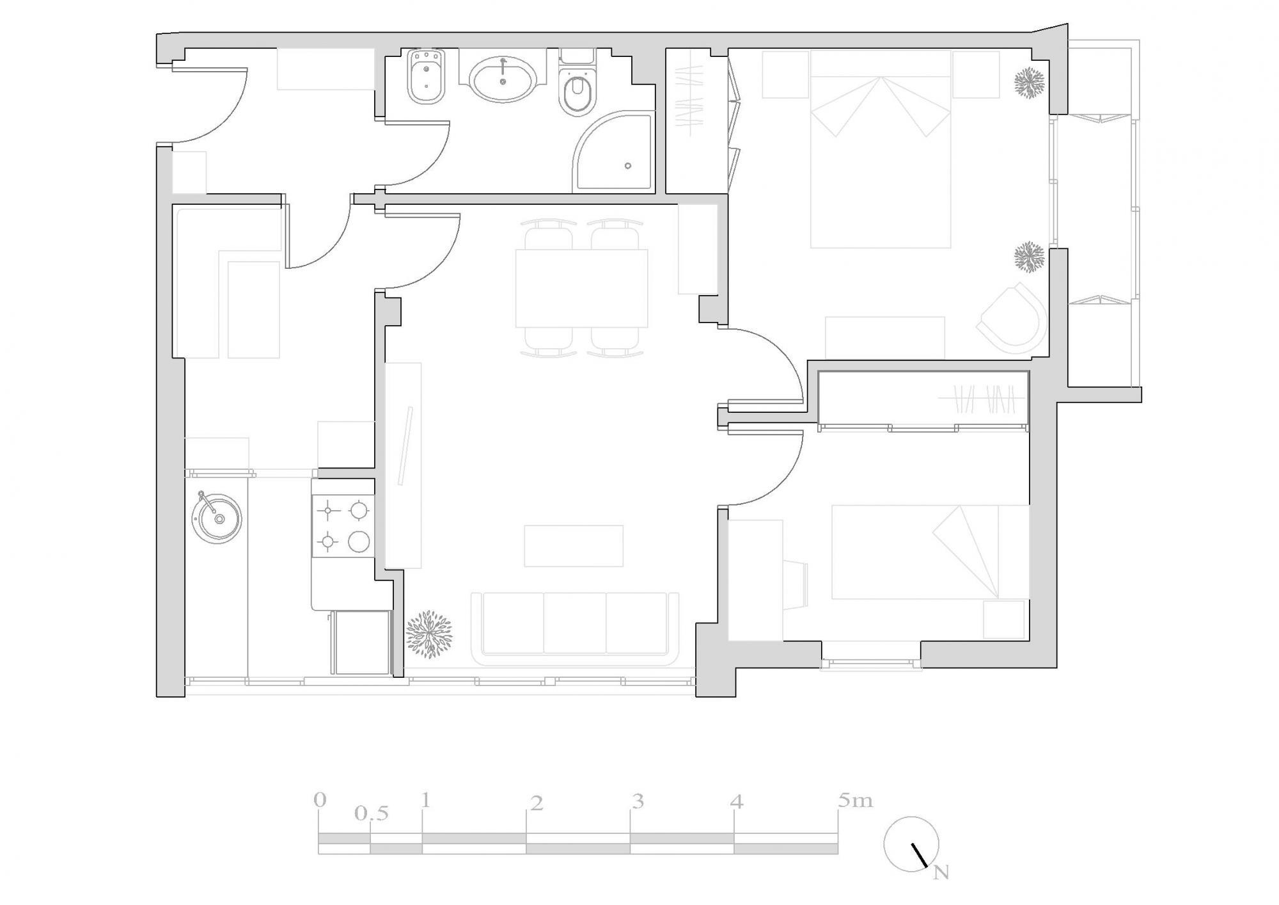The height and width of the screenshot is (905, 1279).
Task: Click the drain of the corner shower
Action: [628, 166]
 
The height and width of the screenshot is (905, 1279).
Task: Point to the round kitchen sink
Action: [217, 518]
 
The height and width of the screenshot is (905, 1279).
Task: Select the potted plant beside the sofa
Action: [429, 634]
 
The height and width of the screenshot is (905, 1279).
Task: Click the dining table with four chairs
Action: [581, 287]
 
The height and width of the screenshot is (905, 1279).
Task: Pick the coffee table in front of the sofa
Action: [574, 546]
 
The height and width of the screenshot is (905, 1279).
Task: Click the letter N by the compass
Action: [940, 873]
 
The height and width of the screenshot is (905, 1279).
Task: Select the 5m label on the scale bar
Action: [855, 801]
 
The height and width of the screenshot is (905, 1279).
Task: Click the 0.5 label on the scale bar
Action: [372, 814]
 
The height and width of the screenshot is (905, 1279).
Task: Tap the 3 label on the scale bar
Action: [637, 801]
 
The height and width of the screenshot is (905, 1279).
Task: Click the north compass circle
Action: [911, 844]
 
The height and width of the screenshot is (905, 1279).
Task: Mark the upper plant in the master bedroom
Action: [1029, 83]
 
